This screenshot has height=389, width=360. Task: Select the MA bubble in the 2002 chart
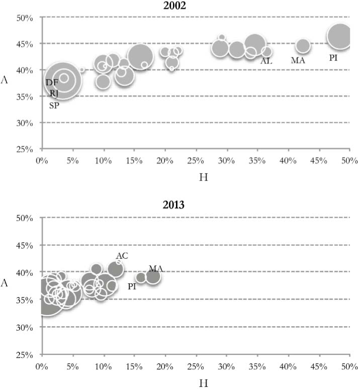click(x=303, y=46)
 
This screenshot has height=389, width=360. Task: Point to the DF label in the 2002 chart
click(x=52, y=82)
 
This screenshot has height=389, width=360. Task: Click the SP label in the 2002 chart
click(x=54, y=105)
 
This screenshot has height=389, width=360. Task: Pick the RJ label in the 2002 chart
click(x=54, y=93)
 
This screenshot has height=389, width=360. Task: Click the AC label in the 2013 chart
click(x=122, y=256)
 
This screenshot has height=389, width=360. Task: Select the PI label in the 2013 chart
click(x=132, y=286)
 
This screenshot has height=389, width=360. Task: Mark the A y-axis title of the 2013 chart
click(x=5, y=283)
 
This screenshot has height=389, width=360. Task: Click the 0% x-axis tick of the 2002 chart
click(x=42, y=160)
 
